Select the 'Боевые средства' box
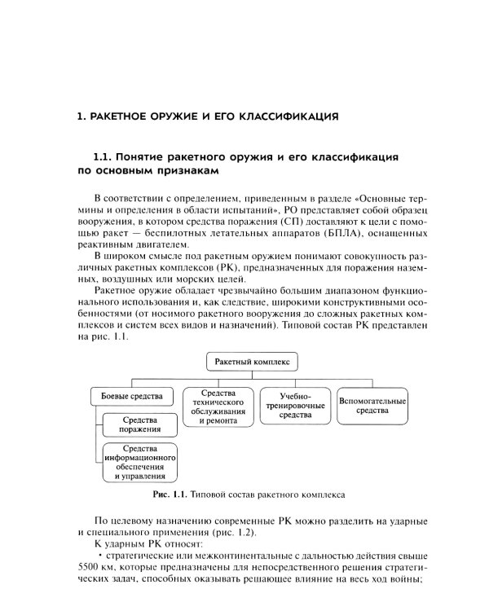tap(131, 397)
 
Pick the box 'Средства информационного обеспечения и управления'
tap(140, 462)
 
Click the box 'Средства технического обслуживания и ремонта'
tap(213, 407)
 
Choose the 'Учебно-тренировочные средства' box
tap(289, 405)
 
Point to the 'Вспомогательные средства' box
tap(372, 406)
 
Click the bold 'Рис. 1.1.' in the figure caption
tap(169, 494)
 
